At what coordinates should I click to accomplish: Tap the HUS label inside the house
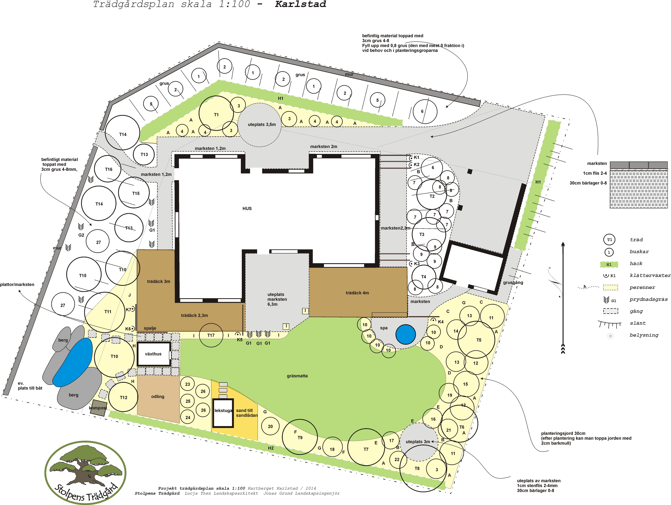pyautogui.click(x=247, y=208)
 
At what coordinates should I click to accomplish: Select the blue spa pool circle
pyautogui.click(x=406, y=334)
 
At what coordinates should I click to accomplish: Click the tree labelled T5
pyautogui.click(x=476, y=340)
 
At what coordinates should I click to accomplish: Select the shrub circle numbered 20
pyautogui.click(x=270, y=426)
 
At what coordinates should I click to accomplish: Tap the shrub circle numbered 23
pyautogui.click(x=188, y=384)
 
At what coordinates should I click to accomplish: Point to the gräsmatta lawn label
pyautogui.click(x=297, y=376)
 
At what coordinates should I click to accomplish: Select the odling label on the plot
pyautogui.click(x=158, y=396)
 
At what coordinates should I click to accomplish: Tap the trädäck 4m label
pyautogui.click(x=357, y=293)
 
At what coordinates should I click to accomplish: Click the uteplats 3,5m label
pyautogui.click(x=262, y=124)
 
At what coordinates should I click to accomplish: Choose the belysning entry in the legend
pyautogui.click(x=644, y=335)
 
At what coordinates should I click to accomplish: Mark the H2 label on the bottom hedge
pyautogui.click(x=271, y=448)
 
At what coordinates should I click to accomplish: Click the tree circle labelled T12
pyautogui.click(x=123, y=397)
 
